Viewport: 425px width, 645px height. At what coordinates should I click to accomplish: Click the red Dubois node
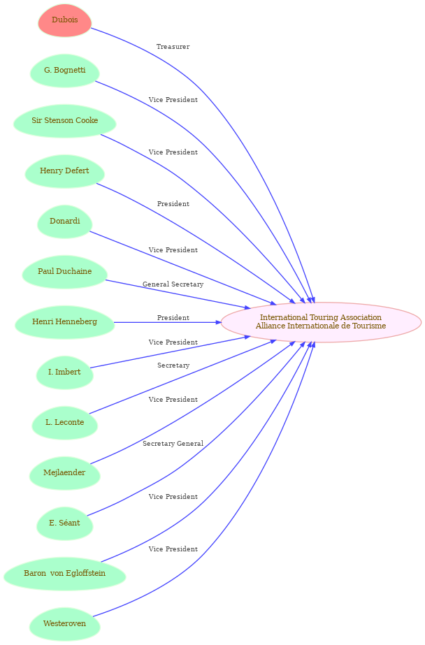tap(64, 20)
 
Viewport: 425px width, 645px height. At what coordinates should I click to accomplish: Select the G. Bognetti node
tap(64, 71)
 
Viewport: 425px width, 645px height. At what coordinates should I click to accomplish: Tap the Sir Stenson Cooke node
tap(64, 120)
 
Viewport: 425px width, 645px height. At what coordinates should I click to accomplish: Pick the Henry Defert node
tap(64, 171)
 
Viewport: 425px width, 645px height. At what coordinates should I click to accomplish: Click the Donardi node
tap(64, 222)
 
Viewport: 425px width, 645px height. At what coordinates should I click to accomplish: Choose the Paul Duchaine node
tap(64, 272)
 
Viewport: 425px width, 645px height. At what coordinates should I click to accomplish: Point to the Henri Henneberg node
tap(64, 322)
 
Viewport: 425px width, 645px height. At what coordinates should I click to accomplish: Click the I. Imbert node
tap(64, 372)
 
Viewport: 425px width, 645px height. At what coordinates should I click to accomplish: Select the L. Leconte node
tap(64, 423)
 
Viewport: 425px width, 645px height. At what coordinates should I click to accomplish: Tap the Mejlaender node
tap(64, 473)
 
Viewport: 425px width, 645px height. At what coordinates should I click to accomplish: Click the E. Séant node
tap(64, 523)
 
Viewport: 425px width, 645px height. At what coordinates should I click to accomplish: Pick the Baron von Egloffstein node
tap(64, 574)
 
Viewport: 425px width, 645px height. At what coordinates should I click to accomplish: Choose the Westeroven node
tap(64, 624)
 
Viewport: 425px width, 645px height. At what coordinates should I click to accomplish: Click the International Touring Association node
tap(321, 322)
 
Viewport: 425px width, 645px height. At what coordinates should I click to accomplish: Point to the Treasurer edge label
tap(173, 47)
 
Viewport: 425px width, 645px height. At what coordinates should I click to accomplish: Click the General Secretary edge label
tap(173, 284)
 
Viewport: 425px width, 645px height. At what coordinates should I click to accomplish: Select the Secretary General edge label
tap(173, 444)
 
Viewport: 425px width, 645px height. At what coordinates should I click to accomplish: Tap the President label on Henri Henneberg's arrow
tap(173, 318)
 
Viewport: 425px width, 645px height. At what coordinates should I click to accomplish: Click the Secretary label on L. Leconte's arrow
tap(173, 365)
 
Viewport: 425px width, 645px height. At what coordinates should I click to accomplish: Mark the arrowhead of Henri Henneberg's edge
tap(219, 322)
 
